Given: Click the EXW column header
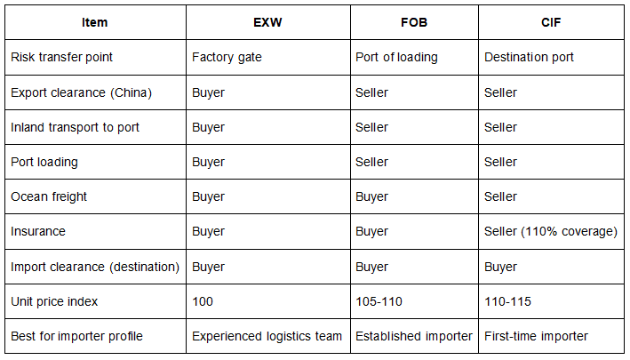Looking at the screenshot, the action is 267,22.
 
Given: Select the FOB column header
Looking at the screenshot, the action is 414,22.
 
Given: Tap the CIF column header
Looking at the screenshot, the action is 551,22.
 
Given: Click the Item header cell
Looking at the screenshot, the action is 95,22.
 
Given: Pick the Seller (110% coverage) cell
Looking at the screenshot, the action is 550,232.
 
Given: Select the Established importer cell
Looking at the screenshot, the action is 414,336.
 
